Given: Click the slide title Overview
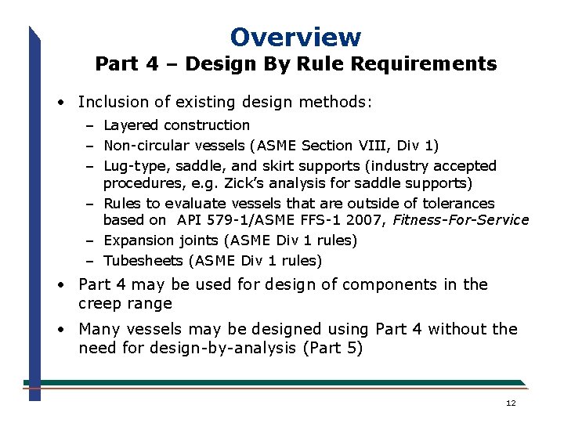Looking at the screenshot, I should pos(295,37).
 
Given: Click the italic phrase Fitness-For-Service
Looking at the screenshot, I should pos(461,220).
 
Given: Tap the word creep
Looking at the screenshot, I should pos(100,303).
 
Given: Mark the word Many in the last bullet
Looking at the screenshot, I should pos(98,329).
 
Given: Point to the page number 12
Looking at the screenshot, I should pos(511,403).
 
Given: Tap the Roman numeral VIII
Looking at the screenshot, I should pos(380,146).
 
